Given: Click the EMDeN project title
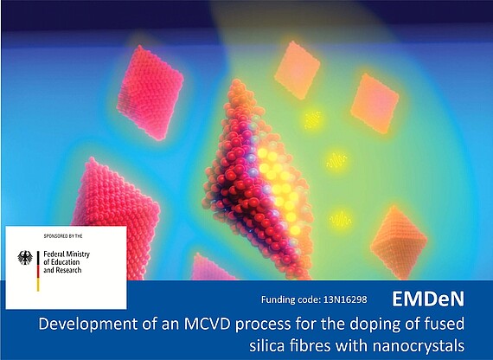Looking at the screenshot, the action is (x=428, y=299).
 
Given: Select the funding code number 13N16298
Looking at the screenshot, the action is (x=345, y=299).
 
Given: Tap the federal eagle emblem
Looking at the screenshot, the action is (x=25, y=258).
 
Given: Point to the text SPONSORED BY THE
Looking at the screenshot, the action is (x=63, y=236).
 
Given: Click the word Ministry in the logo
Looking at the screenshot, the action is (x=78, y=254).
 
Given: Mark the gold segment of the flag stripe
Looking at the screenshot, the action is (x=38, y=285).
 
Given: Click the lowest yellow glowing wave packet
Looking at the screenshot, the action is (x=340, y=219).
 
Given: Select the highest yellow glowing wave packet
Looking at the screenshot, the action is (x=313, y=119).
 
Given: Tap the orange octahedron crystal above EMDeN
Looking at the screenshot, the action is (x=399, y=242).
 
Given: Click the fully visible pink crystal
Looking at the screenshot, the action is (x=150, y=93).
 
